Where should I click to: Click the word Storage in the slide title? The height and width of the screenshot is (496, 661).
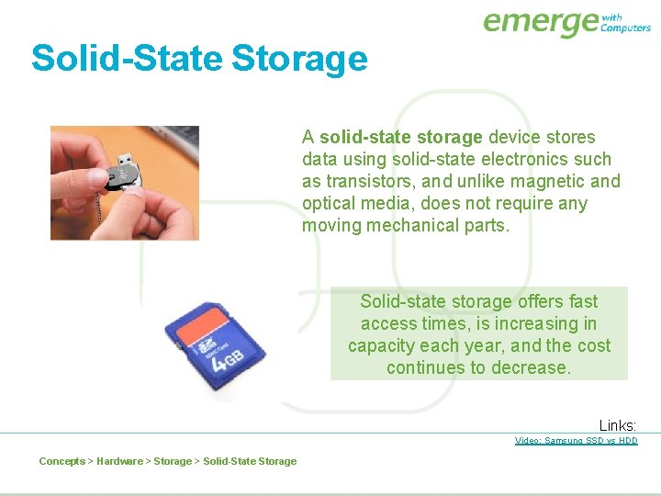[299, 59]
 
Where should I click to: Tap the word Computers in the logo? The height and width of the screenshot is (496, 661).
[625, 28]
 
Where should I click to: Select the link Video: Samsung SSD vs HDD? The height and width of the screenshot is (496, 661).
[576, 441]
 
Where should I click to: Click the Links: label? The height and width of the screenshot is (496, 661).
[617, 425]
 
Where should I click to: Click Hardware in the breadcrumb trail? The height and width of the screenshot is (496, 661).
[119, 461]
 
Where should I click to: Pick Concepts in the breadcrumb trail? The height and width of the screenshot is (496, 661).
[62, 461]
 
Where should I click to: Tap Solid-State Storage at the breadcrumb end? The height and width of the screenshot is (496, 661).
[250, 461]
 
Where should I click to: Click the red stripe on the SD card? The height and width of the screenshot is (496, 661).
[197, 323]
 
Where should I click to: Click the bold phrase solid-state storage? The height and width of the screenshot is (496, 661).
[400, 137]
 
